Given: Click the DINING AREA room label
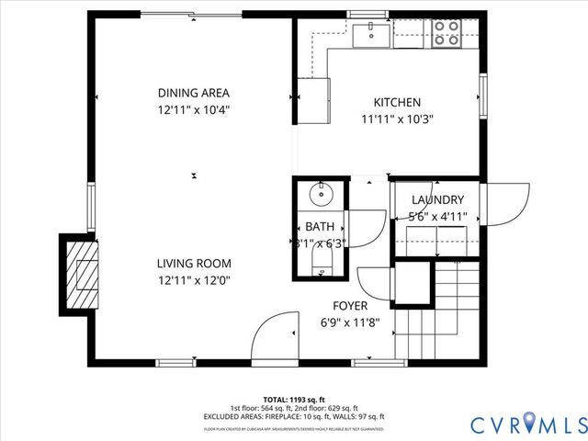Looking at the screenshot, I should point(193,93).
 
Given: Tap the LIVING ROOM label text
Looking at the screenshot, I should point(193,262).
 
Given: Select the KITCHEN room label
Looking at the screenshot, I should point(396,102).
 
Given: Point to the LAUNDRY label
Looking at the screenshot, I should point(437,200).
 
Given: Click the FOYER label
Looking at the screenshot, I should point(350,306).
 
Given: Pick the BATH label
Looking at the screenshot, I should point(320,227).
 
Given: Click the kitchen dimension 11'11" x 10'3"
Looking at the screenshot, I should point(396,119).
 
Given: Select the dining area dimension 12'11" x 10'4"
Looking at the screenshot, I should point(193,109).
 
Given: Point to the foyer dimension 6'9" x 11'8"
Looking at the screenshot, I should point(350,322).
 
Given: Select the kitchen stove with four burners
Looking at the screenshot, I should point(447,34).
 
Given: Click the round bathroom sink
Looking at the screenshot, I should point(321,195).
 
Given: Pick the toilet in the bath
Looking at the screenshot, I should point(320,266).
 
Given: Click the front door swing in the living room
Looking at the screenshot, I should point(273,336).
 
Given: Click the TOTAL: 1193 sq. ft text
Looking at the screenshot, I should point(294,400).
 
